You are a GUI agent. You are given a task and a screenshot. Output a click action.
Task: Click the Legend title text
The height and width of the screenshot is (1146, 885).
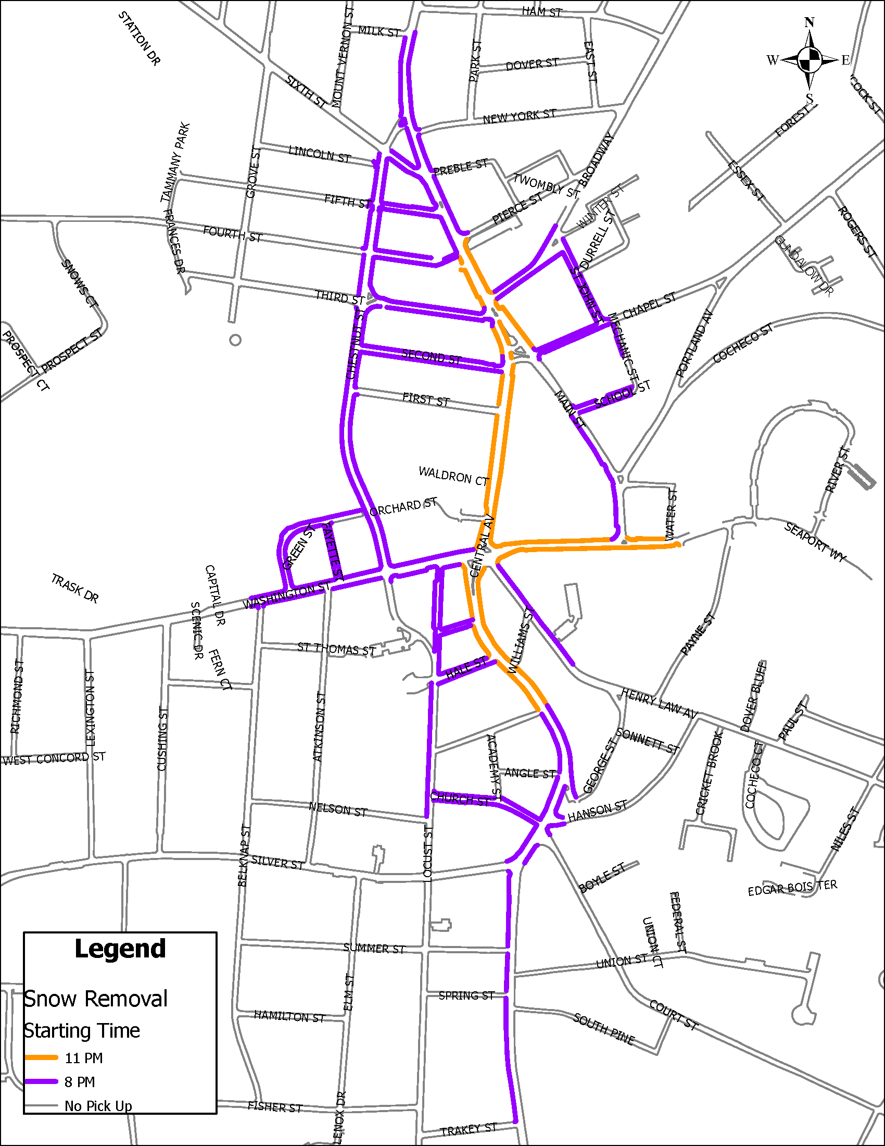point(120,949)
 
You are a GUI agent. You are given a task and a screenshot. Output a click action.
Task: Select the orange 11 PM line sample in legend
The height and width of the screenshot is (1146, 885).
point(42,1057)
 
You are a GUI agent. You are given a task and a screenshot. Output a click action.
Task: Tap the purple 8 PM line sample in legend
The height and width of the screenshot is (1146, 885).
point(42,1081)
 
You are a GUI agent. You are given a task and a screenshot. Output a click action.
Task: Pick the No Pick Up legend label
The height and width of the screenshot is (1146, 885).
point(98,1105)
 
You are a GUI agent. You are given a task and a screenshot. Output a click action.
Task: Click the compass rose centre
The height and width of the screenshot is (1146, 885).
point(810,60)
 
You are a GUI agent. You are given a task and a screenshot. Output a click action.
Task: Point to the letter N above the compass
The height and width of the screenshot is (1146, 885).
point(810,22)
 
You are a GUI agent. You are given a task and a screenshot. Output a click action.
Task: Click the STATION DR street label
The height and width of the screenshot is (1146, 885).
point(139,39)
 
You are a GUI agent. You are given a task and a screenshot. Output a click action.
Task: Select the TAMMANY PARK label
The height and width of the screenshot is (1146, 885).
point(175,162)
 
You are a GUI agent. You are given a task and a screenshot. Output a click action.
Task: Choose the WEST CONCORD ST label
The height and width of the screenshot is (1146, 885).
point(54,759)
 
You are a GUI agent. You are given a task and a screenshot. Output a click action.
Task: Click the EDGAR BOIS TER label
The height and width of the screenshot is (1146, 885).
point(792,888)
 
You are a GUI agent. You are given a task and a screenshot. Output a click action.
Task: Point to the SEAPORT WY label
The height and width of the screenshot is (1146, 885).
point(815,542)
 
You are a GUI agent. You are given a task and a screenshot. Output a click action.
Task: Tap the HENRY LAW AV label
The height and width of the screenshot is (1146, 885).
point(659,703)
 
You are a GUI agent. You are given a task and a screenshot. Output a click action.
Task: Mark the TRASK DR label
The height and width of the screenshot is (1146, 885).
point(75,589)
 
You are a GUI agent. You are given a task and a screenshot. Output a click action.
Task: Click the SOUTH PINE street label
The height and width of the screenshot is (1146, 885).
point(603,1028)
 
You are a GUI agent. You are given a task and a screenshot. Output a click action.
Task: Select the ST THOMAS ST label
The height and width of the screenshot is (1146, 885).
point(337,649)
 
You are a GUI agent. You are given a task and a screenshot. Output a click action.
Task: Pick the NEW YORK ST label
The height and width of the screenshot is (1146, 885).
point(519,117)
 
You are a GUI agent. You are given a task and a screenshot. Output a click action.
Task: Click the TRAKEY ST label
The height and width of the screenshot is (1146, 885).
point(468,1130)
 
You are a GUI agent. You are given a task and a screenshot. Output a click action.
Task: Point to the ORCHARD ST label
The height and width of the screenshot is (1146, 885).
point(403,507)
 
